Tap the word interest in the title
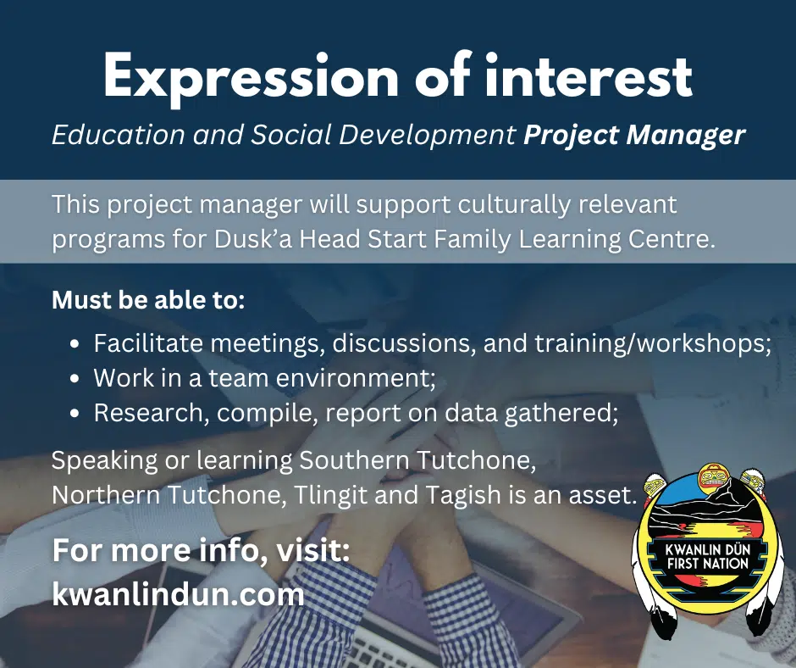589,75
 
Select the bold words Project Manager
634,136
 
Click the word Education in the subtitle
119,135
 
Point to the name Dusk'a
253,239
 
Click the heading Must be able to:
148,300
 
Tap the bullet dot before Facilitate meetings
75,344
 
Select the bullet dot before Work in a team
75,379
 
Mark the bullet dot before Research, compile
75,414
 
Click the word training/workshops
652,343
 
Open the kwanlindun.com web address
178,594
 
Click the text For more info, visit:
201,550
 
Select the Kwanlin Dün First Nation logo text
708,556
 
